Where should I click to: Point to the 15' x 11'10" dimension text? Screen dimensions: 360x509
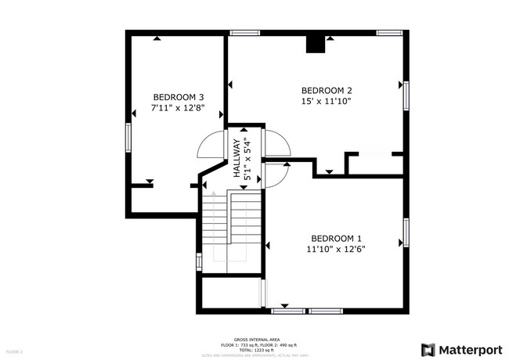coord(327,101)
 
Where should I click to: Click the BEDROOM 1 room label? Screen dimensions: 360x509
coord(336,238)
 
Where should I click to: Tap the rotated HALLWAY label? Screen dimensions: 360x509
coord(235,160)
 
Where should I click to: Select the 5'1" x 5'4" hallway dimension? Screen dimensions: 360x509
coord(247,160)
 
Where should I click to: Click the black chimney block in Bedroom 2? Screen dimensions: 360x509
coord(316,45)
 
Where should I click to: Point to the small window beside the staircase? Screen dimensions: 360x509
coord(199,261)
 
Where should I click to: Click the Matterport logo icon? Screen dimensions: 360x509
coord(428,349)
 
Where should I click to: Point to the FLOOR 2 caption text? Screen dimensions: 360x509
coord(14,352)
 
